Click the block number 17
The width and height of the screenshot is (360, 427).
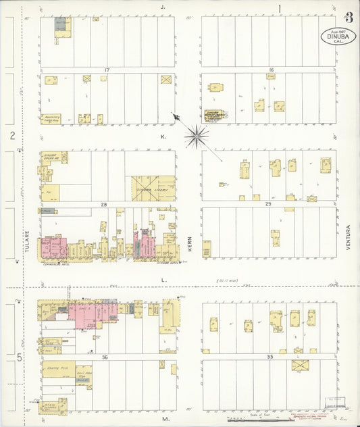pos(107,70)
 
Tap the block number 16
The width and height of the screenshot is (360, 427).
pos(269,70)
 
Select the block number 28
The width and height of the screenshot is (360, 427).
pos(104,203)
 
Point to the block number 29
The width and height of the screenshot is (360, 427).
pos(268,203)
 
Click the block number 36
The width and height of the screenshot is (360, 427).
pos(105,357)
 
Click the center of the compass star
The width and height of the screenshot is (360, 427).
pos(197,136)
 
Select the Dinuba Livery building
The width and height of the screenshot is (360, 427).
pos(154,189)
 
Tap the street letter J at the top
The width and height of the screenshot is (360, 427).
pos(163,8)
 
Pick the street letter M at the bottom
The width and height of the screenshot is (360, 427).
pos(164,419)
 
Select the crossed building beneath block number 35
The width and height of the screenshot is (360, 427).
pos(300,365)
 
